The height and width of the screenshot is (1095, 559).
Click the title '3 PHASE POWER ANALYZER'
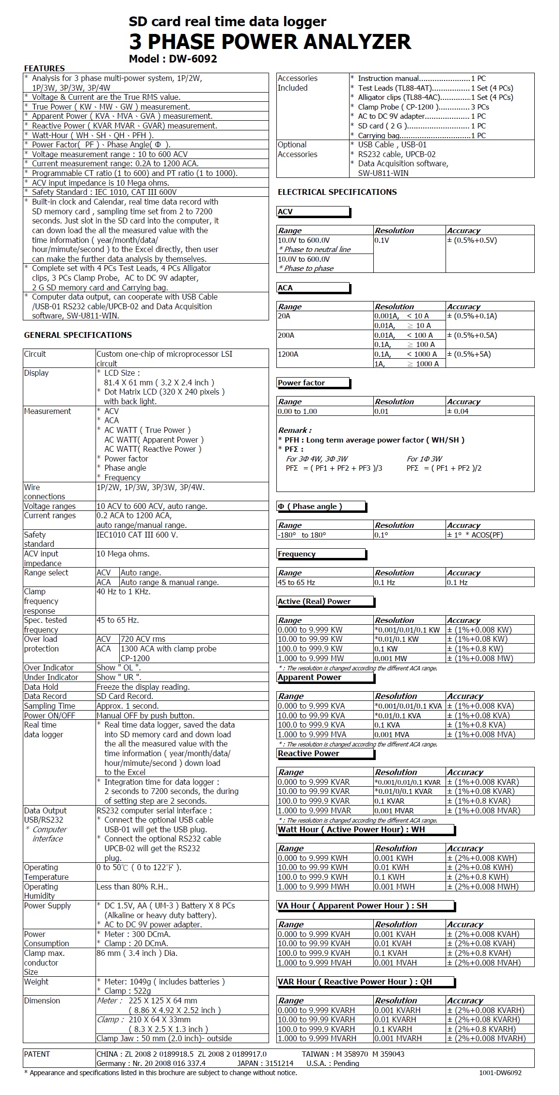270,42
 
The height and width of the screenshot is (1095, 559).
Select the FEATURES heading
44,68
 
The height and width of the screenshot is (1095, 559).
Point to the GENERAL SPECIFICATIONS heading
78,335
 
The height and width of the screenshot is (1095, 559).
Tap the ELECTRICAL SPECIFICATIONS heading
337,192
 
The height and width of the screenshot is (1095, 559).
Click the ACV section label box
313,212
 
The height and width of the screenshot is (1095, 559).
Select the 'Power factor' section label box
313,383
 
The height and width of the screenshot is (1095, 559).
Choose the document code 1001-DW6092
500,1073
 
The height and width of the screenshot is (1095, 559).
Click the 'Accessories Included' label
298,83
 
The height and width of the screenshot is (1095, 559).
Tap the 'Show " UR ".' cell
119,677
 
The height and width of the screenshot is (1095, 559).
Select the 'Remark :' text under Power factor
295,430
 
